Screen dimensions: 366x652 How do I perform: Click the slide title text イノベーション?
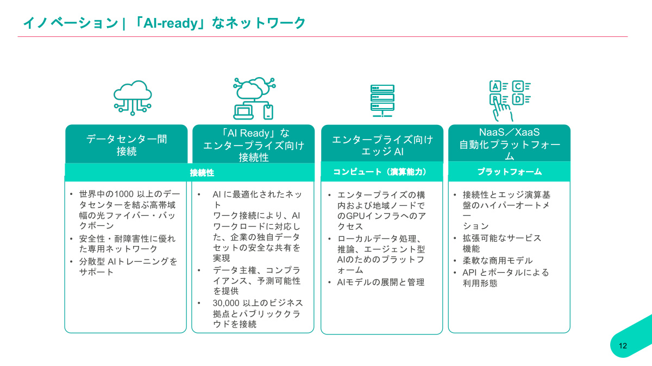point(70,23)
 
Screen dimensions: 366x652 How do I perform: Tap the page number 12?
point(623,346)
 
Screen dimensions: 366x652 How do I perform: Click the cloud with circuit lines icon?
point(133,96)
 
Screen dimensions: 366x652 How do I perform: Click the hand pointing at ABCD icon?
point(509,99)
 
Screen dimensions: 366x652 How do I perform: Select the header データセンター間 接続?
point(127,145)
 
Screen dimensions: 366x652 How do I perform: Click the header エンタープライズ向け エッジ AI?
point(382,146)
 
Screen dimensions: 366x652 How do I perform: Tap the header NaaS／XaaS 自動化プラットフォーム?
point(509,144)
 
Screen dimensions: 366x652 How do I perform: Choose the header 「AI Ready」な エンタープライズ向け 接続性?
point(254,145)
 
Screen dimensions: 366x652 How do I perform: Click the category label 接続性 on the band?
point(202,173)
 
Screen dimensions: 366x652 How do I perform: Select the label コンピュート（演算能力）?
point(380,172)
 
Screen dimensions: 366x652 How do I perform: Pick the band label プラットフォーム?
point(509,172)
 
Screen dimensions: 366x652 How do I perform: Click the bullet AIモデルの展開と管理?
point(380,282)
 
